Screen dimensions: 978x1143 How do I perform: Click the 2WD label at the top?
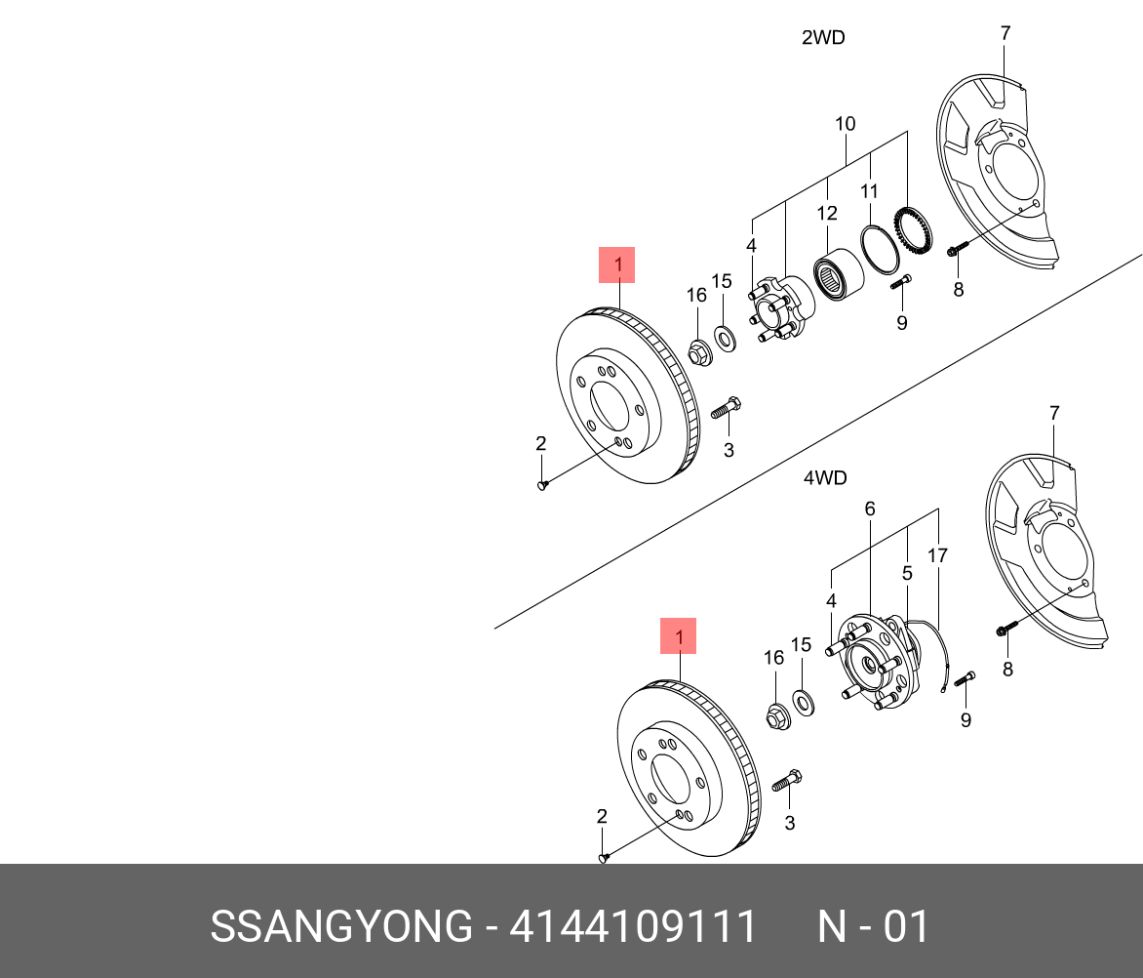pyautogui.click(x=822, y=38)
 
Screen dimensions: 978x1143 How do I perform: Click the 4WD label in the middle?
pyautogui.click(x=824, y=478)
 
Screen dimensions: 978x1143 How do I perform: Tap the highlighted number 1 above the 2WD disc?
pyautogui.click(x=616, y=265)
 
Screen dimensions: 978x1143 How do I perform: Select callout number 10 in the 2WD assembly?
pyautogui.click(x=845, y=124)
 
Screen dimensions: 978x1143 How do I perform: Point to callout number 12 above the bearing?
pyautogui.click(x=826, y=213)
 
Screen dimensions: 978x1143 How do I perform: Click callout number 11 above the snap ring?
pyautogui.click(x=869, y=190)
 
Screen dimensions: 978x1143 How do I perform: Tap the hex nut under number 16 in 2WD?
pyautogui.click(x=698, y=351)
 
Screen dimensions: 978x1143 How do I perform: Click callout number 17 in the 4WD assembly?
pyautogui.click(x=937, y=556)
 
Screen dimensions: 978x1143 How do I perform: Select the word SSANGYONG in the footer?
pyautogui.click(x=340, y=927)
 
